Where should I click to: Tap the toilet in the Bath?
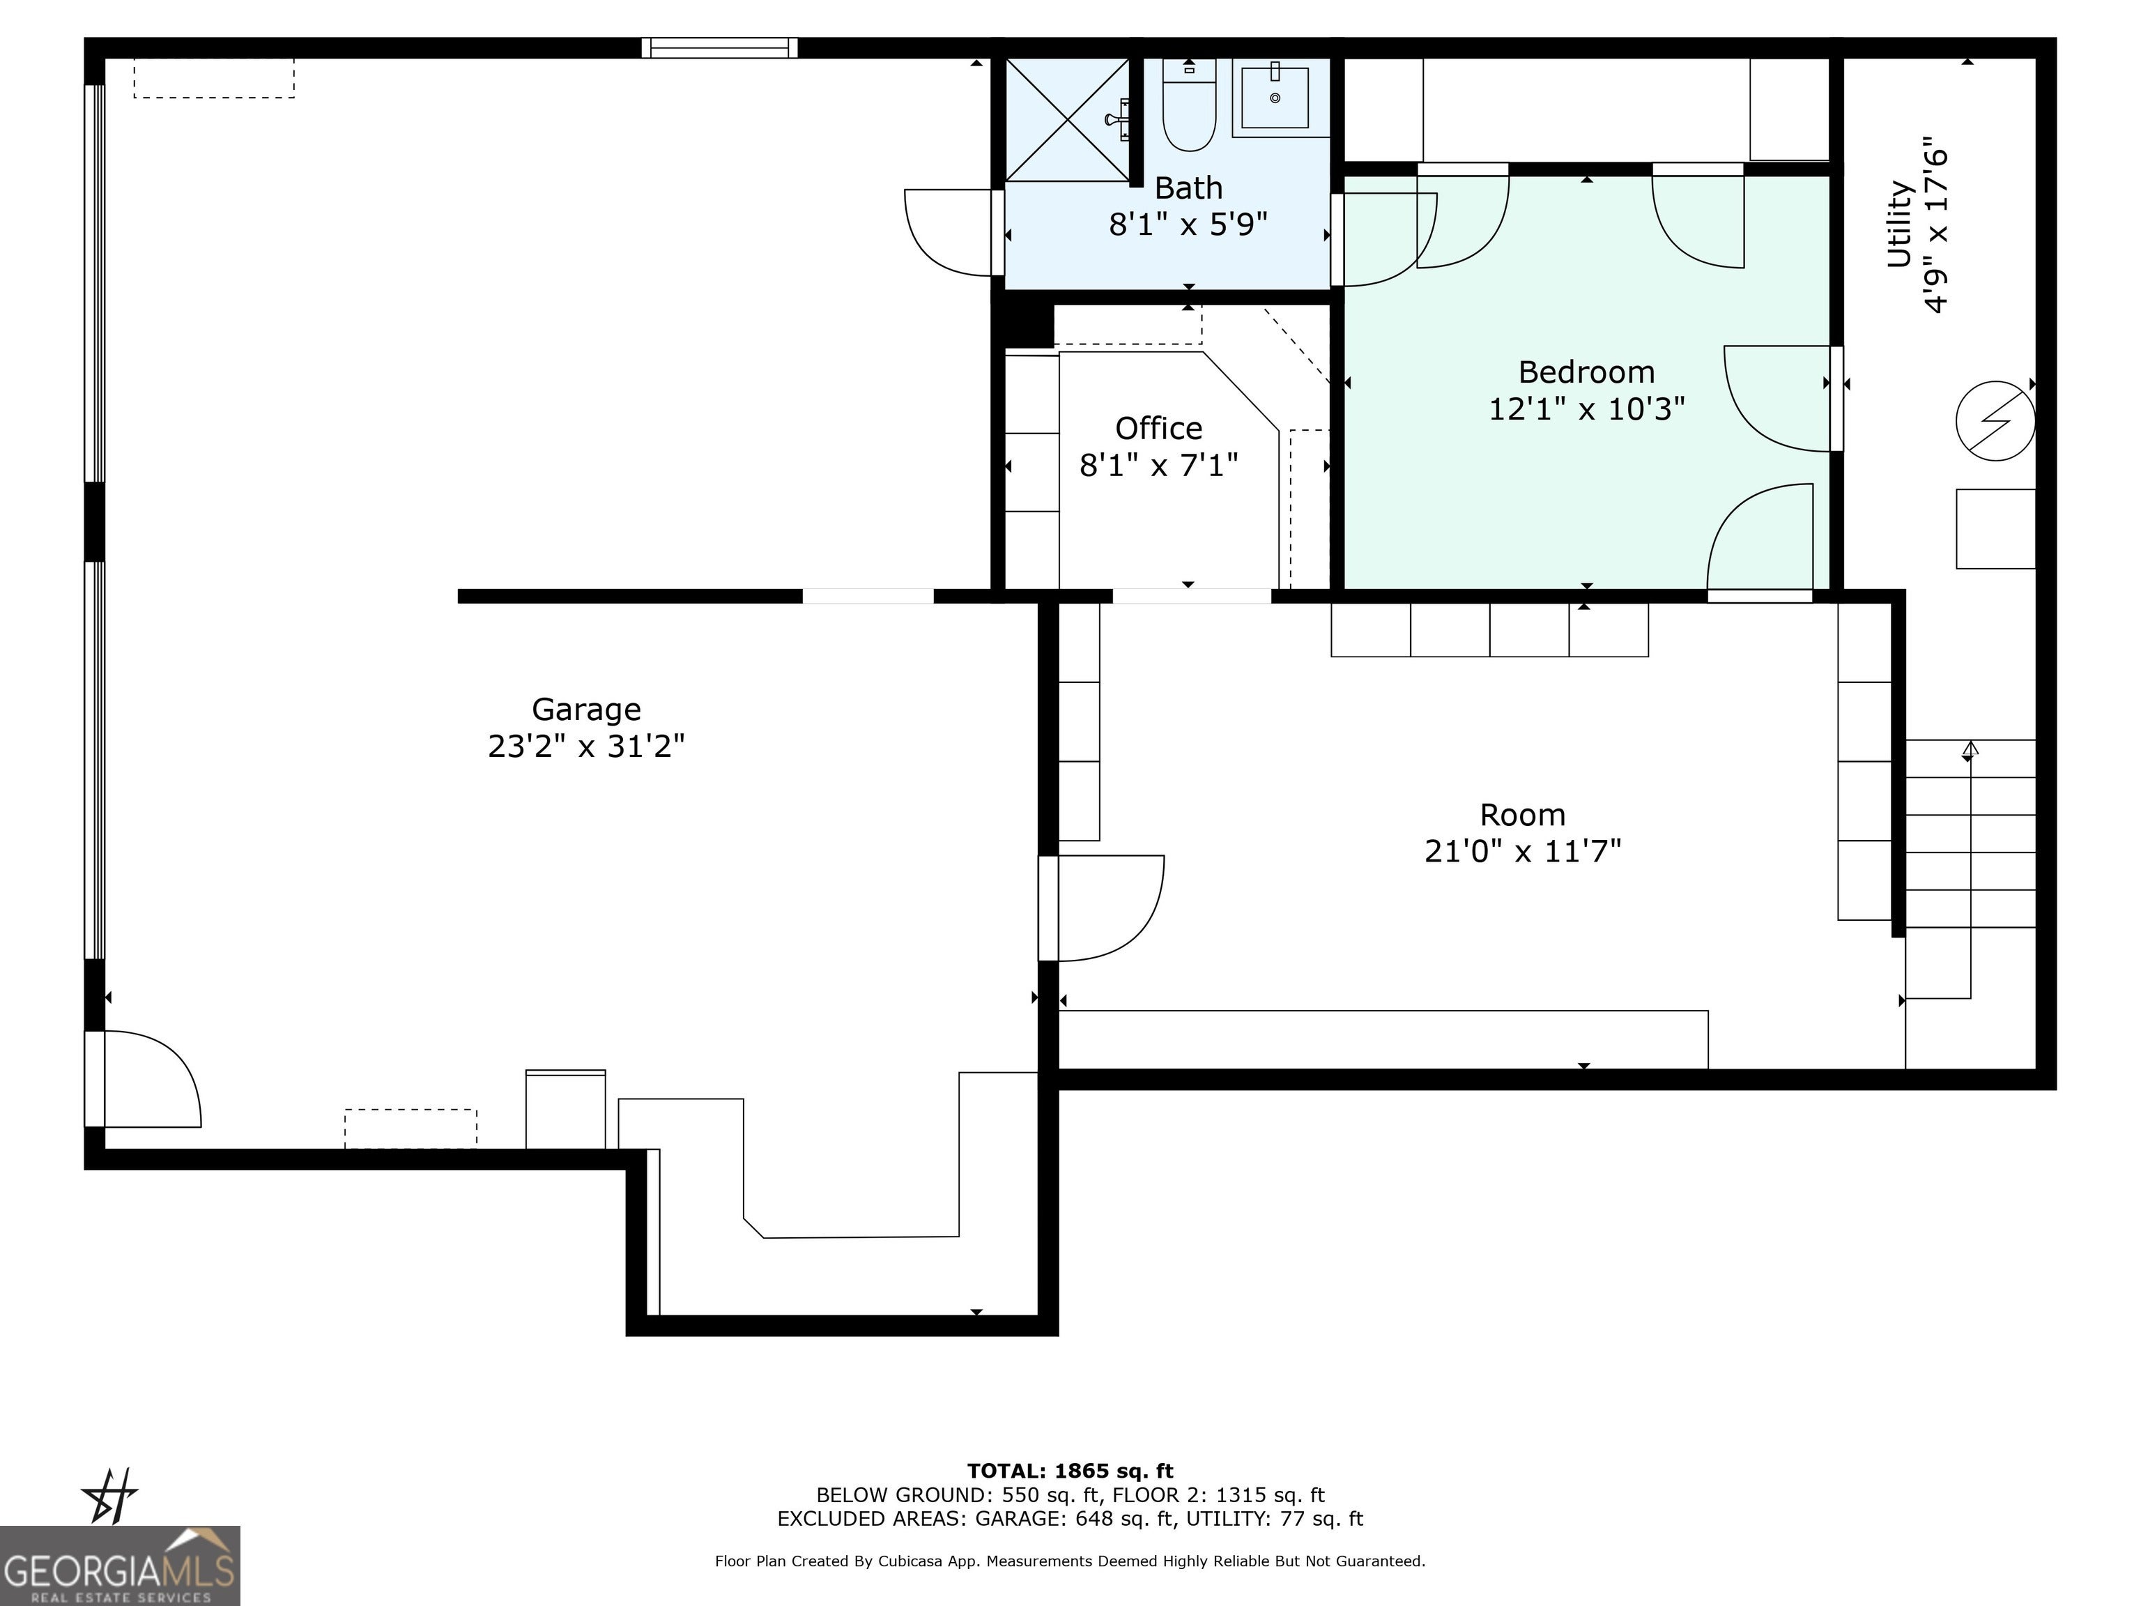pos(1188,105)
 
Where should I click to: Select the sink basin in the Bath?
pos(1275,95)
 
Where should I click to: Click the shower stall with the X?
pos(1068,120)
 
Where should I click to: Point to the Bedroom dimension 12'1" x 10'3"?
pos(1586,408)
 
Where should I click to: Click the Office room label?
pos(1158,428)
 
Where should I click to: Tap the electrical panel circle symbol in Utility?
pos(1995,421)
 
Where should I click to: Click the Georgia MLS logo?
pos(119,1566)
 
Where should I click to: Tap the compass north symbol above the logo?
pos(110,1496)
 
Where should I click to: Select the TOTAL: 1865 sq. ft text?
pos(1070,1471)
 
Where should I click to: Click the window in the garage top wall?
pos(719,47)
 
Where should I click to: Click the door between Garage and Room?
pos(1101,908)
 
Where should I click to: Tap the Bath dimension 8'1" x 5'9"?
pos(1188,224)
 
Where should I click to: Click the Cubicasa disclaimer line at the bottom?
pos(1070,1561)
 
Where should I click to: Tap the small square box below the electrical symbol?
pos(1995,528)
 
